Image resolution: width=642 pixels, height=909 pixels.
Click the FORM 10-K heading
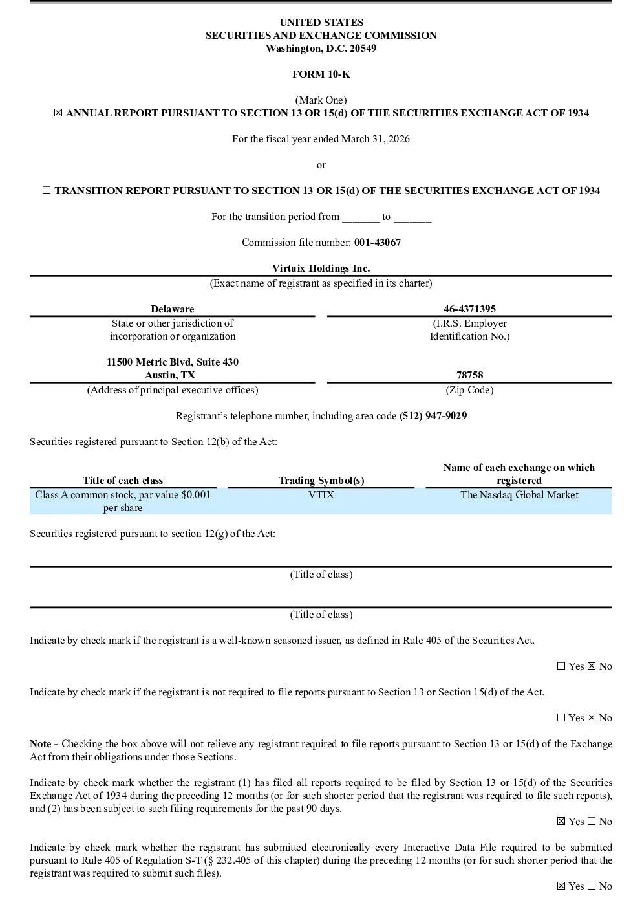click(x=321, y=74)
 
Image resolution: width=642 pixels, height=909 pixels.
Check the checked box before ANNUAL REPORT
click(x=58, y=113)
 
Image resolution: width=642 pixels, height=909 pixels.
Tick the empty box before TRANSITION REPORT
click(x=47, y=190)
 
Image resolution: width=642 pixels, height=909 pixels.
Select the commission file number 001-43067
click(x=377, y=242)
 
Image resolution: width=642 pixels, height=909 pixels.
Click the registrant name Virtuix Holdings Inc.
click(x=321, y=268)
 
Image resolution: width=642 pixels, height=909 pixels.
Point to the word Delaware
click(x=173, y=309)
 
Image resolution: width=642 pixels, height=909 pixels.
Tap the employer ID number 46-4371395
click(x=469, y=309)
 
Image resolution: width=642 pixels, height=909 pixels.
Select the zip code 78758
click(x=469, y=375)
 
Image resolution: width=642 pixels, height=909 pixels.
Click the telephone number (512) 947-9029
click(x=433, y=416)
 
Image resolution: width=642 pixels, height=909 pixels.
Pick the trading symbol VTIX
click(x=321, y=495)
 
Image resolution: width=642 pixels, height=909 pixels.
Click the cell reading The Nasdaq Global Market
click(x=519, y=495)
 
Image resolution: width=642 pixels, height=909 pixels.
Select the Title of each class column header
click(x=123, y=481)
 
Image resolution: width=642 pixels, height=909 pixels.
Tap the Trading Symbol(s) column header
click(x=321, y=481)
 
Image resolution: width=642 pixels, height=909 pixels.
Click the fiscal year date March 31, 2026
click(x=375, y=139)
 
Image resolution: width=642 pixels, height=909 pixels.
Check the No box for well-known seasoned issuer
click(x=592, y=666)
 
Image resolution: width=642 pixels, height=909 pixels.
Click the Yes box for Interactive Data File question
click(x=561, y=886)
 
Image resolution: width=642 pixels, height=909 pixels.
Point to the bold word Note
click(x=41, y=744)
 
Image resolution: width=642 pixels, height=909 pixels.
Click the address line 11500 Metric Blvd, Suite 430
click(x=173, y=362)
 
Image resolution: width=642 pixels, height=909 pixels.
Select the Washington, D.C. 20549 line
click(x=321, y=49)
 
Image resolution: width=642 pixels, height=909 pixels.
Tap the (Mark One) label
click(x=321, y=100)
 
